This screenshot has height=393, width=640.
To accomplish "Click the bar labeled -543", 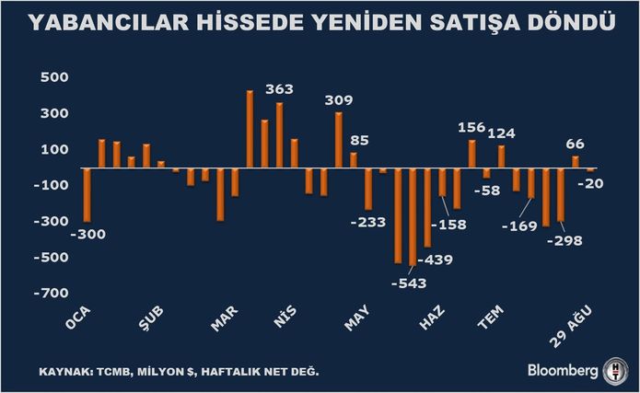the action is tap(413, 216).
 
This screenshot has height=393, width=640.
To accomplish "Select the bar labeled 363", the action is tap(280, 135).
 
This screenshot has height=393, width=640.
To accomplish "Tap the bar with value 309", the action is tap(339, 140).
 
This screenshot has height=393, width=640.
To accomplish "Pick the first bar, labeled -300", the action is tap(87, 195).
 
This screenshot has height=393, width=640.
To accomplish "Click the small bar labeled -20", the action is tap(590, 169).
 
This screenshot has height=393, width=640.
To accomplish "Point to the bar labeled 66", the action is tap(576, 162).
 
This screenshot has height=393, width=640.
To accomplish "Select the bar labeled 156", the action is tap(472, 154).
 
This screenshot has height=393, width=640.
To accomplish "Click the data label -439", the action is tap(436, 260).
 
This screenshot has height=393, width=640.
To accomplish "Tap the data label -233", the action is tap(368, 222).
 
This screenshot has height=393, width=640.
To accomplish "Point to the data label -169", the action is tap(519, 226).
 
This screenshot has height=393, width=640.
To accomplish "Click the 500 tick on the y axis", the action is tap(54, 77).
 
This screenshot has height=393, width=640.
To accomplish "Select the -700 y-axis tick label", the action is tap(51, 293).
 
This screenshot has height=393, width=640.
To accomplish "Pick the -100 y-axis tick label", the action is tap(51, 185).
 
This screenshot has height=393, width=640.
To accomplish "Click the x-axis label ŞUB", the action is tap(151, 318).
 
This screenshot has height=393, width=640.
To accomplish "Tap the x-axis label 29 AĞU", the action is tap(571, 327).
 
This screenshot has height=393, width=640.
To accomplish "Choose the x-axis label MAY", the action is tap(357, 318).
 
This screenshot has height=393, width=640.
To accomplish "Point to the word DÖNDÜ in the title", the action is tap(572, 22).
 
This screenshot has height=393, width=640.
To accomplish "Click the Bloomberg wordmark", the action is tap(563, 371).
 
